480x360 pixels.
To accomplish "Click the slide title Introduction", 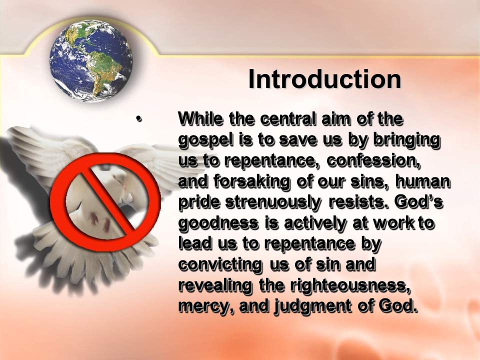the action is point(325,79).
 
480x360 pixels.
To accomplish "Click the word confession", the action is point(374,161).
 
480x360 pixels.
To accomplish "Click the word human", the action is point(423,182).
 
